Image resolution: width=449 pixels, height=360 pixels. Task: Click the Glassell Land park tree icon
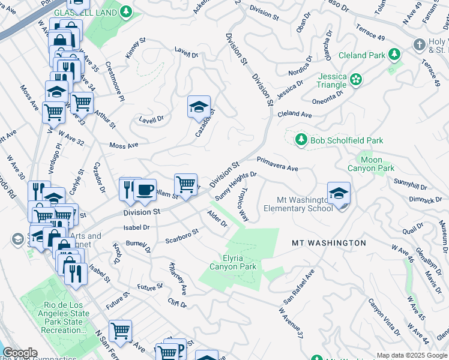126,11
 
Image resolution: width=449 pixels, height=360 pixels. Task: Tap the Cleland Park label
361,55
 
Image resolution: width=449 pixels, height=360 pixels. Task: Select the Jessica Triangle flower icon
356,79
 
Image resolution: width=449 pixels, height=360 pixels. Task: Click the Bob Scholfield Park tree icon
301,140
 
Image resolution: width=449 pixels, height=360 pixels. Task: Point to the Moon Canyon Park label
372,164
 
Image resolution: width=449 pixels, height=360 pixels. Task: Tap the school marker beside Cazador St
199,107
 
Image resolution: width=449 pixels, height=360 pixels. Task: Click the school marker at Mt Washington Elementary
339,194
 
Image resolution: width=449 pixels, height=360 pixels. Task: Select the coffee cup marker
145,190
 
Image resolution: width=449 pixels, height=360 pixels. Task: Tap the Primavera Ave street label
277,164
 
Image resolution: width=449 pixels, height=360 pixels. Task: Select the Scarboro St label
181,236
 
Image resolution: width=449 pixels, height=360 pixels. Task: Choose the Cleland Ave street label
295,113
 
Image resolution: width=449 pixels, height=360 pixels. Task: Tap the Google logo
20,353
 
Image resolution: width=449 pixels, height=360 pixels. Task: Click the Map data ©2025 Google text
412,355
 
